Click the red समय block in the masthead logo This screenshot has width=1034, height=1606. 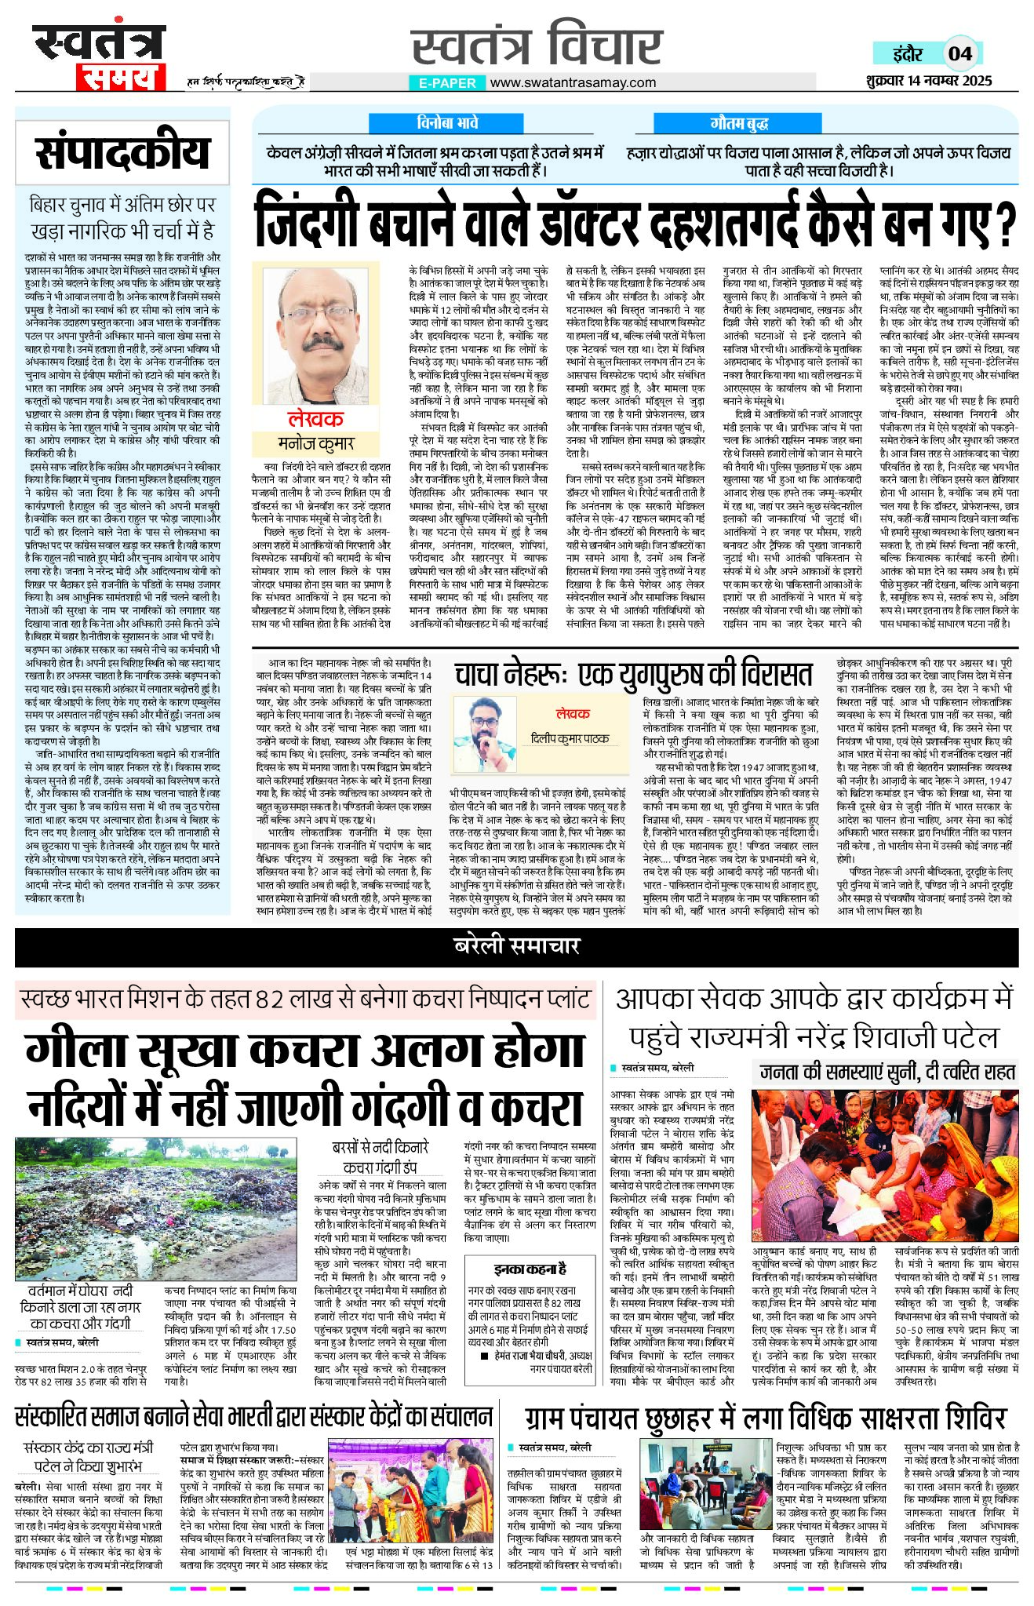120,77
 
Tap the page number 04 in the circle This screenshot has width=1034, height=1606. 959,54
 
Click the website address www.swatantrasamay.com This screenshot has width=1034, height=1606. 573,82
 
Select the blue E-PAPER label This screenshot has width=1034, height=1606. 447,82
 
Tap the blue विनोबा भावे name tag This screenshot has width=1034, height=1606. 447,123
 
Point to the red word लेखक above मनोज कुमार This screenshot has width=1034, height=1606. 315,419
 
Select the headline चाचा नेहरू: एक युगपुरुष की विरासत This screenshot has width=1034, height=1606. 633,676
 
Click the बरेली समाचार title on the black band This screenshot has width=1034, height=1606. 516,946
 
